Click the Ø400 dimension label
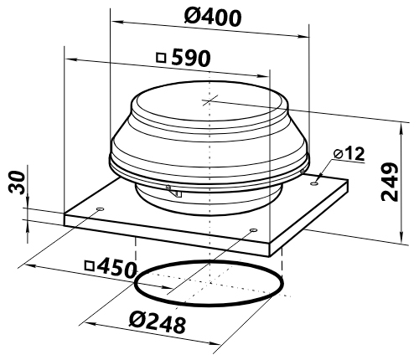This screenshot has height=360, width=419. (x=212, y=17)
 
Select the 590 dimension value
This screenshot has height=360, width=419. (x=190, y=58)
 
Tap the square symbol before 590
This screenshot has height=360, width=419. (x=161, y=58)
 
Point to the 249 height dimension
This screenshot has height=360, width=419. (x=390, y=182)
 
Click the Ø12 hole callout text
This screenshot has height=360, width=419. (x=349, y=154)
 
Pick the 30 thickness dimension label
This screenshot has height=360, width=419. (x=17, y=182)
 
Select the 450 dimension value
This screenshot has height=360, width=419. (x=116, y=269)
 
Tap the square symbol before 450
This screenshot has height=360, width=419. (x=90, y=266)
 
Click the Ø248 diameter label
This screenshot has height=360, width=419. (x=158, y=324)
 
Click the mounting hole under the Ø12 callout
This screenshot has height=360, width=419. (x=314, y=183)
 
